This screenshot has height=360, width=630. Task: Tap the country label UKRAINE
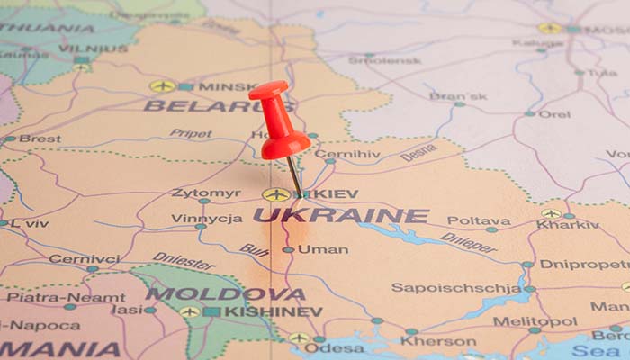pos(341,216)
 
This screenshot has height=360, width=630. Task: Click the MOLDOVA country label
pos(225,294)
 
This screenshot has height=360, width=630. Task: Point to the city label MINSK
pos(228,87)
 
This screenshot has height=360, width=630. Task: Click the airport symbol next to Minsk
pos(162,86)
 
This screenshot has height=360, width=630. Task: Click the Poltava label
pos(478,220)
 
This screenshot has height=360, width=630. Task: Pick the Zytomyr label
pos(206,193)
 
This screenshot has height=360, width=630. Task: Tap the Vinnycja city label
pos(207,218)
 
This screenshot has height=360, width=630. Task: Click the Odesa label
pos(334,347)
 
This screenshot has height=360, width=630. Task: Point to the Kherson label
pos(438,341)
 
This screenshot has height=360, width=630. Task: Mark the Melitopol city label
pos(535,321)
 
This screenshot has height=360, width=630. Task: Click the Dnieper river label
pos(468,242)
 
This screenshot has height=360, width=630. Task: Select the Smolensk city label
pos(384,59)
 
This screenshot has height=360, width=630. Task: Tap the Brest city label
pos(40,139)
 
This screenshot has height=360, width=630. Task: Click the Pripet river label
pos(191,133)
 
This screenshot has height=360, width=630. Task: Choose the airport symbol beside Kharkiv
pos(551,213)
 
